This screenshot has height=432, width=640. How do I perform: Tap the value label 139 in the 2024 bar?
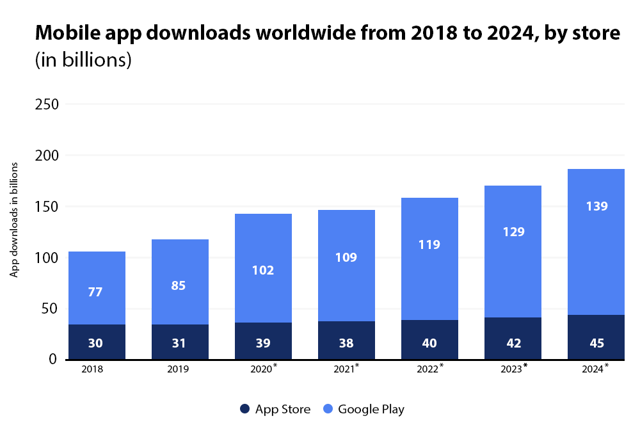(x=596, y=206)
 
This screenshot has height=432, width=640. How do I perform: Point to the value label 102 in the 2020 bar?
(x=263, y=270)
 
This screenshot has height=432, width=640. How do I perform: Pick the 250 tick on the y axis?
(x=45, y=104)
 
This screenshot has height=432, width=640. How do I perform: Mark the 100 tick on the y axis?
(x=45, y=258)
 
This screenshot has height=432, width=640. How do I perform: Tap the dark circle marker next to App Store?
(x=244, y=409)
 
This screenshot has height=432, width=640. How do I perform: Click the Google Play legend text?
(x=371, y=409)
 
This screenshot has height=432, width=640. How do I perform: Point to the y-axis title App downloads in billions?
(x=13, y=220)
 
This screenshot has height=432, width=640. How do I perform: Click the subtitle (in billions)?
(x=83, y=60)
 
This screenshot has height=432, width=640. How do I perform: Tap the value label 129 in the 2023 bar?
(x=513, y=232)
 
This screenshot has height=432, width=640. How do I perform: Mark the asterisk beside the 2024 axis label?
(x=607, y=365)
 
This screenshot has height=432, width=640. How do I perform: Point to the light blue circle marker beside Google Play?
(x=327, y=409)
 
